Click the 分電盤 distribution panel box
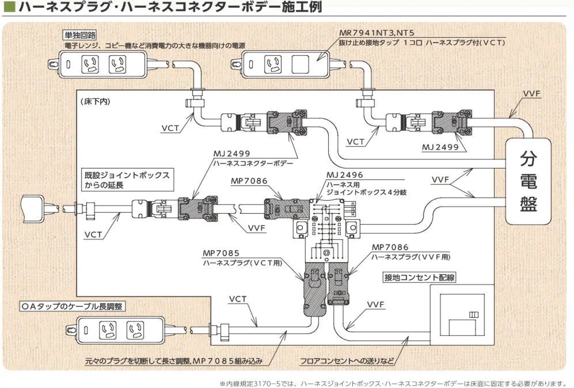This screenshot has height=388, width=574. (528, 181)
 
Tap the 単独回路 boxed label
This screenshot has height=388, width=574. (80, 35)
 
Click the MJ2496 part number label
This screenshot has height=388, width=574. (345, 175)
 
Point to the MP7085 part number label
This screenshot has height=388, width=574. (221, 253)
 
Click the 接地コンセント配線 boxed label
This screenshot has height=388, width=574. (419, 277)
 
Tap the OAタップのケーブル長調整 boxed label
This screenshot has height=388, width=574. (72, 306)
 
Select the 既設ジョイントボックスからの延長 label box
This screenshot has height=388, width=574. (127, 180)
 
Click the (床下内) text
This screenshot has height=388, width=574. (95, 102)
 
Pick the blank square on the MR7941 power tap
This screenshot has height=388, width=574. (300, 64)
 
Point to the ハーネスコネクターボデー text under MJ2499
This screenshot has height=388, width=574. (253, 163)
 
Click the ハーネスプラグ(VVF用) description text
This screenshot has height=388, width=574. (411, 257)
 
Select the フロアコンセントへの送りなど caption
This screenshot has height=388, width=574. (347, 361)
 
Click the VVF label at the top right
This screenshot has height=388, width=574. (531, 94)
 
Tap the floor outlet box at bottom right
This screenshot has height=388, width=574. (462, 315)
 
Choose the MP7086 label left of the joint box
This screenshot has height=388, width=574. (249, 181)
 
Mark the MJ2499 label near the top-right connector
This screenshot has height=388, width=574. (440, 147)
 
